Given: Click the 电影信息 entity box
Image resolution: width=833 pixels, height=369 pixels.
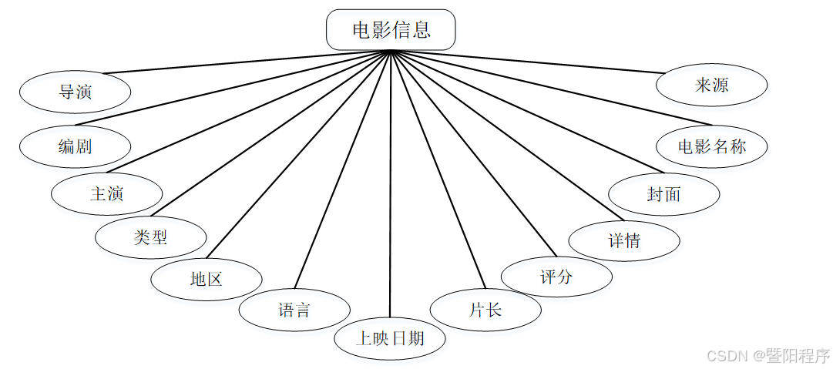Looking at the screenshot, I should coord(391,30).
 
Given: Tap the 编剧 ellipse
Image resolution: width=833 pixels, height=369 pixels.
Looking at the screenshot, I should coord(75,146).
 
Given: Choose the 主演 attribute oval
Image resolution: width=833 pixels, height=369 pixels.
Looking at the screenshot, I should coord(107,193).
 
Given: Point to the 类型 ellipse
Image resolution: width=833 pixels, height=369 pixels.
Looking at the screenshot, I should coord(151,237).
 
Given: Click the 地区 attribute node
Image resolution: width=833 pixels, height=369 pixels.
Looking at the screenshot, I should coord(206,279).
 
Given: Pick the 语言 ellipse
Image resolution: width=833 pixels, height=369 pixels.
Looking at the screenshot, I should coord(294,310).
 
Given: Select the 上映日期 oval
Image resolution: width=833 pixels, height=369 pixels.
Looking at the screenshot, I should coord(390,338).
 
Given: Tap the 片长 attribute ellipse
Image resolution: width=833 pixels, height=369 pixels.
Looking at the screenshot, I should coord(485,310).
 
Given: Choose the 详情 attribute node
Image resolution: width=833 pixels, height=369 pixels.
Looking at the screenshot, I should coord(624,240).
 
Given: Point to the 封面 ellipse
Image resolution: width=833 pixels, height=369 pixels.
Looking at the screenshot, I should coord(663,193).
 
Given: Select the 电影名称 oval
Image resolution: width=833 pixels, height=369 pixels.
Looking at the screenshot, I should coord(712,146).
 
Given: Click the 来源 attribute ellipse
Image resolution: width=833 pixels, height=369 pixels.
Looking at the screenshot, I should coord(711,86).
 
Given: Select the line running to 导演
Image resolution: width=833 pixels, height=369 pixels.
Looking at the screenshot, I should coord(247,62).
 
